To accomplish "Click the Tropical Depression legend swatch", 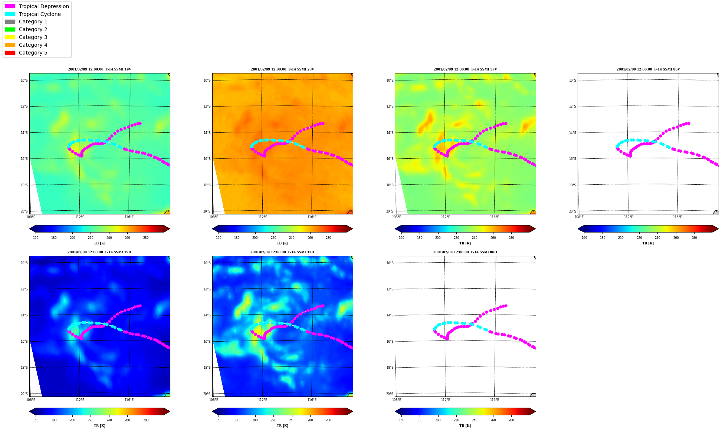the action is pos(10,6).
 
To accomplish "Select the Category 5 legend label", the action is pos(33,53).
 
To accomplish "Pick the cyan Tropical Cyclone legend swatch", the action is pos(10,14).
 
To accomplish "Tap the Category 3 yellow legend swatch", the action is pos(10,37).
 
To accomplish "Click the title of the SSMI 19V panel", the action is pos(99,69).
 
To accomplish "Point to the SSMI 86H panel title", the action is pos(465,252).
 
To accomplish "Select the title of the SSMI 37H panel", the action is pos(282,252).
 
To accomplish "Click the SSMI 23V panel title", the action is pos(282,69).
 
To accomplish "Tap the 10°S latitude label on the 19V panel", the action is pos(24,80).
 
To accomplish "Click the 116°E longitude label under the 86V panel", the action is pos(677,217).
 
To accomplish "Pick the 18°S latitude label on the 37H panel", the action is pos(207,368).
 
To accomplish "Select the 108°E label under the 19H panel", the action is pos(31,399).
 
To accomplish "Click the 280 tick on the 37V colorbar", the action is pos(511,238).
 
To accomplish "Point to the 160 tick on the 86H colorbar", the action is pos(401,420).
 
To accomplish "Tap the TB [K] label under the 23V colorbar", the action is pos(282,243).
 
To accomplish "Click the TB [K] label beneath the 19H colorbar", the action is pos(99,426).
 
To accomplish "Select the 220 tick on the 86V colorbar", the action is pos(639,238).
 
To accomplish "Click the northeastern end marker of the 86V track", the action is pos(689,123).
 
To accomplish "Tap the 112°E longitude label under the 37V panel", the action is pos(446,217).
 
